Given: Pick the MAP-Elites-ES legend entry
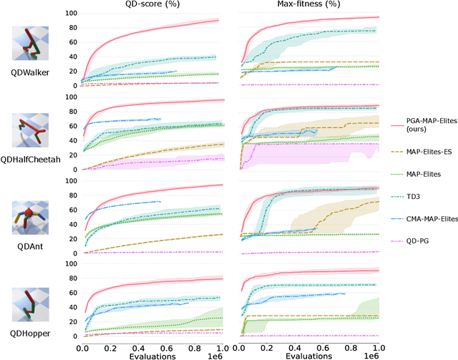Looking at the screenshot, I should point(428,153).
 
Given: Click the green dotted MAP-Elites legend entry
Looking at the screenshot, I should point(428,174).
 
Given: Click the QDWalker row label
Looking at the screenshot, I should point(30,74).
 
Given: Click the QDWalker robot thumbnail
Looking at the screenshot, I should point(30,43).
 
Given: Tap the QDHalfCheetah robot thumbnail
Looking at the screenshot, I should point(30,129).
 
